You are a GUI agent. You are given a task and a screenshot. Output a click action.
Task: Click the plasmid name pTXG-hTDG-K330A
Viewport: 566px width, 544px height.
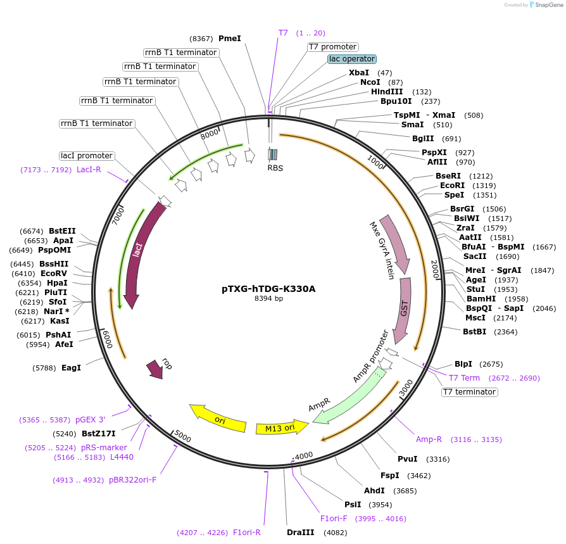tap(268, 289)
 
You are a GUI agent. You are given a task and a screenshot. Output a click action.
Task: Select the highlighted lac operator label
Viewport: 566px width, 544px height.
tap(352, 59)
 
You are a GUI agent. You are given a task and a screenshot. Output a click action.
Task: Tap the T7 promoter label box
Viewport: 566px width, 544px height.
tap(333, 47)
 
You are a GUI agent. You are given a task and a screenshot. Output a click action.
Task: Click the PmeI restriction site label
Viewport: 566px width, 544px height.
tap(230, 39)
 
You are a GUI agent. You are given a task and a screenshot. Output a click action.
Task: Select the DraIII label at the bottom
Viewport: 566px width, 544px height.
tap(300, 533)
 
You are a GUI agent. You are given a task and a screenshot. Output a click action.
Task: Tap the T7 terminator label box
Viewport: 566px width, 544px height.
tap(469, 392)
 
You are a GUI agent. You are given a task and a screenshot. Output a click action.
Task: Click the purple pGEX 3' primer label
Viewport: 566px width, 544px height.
tap(91, 419)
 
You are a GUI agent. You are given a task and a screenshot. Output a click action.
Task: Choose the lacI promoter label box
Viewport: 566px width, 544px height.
tap(87, 156)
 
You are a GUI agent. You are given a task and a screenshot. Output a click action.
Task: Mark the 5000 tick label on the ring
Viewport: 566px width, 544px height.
tap(182, 437)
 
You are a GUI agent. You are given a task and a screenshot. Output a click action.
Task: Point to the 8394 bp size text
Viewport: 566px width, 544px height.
tap(268, 298)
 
